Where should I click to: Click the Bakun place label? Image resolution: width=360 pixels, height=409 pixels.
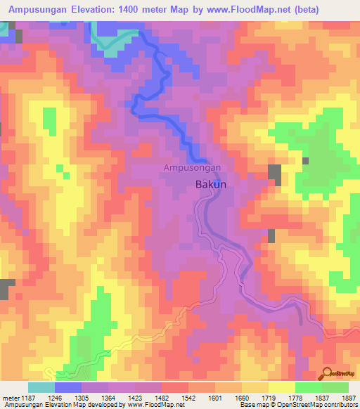(x=208, y=184)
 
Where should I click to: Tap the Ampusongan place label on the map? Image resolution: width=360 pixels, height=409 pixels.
(x=193, y=168)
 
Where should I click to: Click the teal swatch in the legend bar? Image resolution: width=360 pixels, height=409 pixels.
(x=41, y=387)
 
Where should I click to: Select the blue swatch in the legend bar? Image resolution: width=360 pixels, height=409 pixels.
(x=68, y=387)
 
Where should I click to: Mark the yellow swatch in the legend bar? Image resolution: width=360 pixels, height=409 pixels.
(x=281, y=387)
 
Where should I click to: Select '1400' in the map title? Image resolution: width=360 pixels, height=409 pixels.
(x=134, y=9)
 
